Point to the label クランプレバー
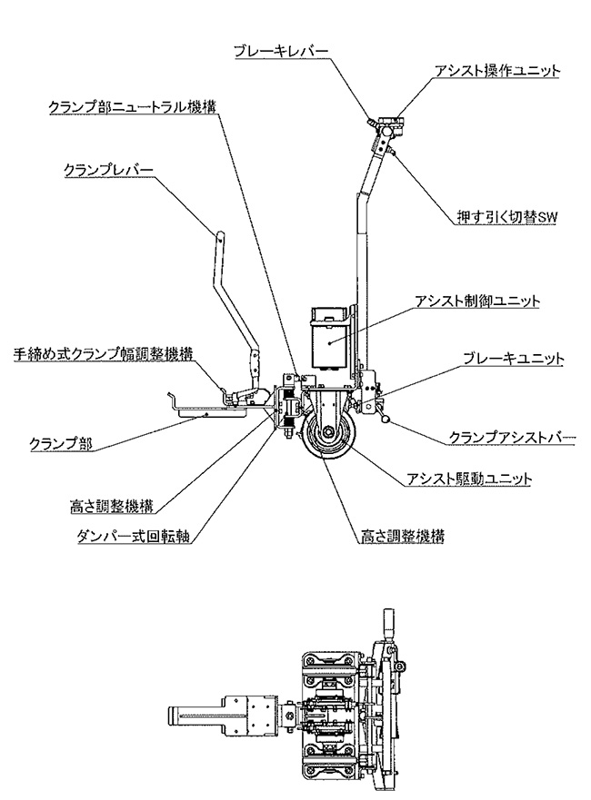tap(108, 170)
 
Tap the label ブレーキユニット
tap(513, 360)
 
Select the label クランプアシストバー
tap(513, 438)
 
